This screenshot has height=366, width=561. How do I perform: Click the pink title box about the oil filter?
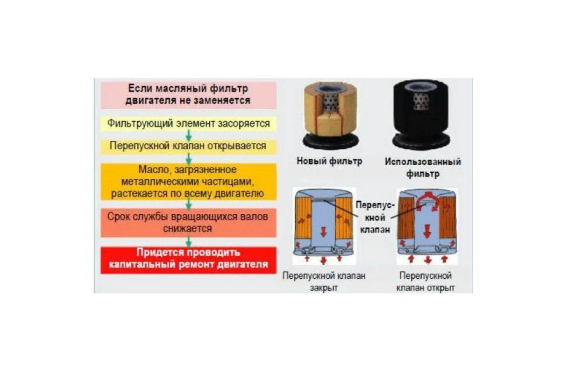pos(188,94)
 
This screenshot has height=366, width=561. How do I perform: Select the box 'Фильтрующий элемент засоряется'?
pos(188,124)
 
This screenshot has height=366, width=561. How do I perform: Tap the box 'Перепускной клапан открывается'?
pos(188,146)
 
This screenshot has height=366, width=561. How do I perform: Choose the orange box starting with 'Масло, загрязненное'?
pos(188,181)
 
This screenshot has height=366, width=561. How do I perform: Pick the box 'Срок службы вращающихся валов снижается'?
pos(188,223)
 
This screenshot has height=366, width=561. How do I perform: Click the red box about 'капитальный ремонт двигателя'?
pos(188,259)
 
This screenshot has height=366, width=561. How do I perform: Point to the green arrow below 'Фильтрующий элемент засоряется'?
pos(188,135)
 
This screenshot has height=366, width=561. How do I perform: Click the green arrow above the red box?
pos(188,241)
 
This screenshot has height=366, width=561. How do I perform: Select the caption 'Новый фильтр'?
pos(329,162)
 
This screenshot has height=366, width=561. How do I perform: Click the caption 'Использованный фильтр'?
pos(422,168)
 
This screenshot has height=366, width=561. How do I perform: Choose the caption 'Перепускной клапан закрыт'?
pos(324,282)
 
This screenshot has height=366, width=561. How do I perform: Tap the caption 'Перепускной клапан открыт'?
pos(425,282)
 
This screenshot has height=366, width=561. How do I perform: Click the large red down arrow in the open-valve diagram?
pos(426,229)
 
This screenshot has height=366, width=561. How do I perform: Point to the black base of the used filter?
pos(421,140)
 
